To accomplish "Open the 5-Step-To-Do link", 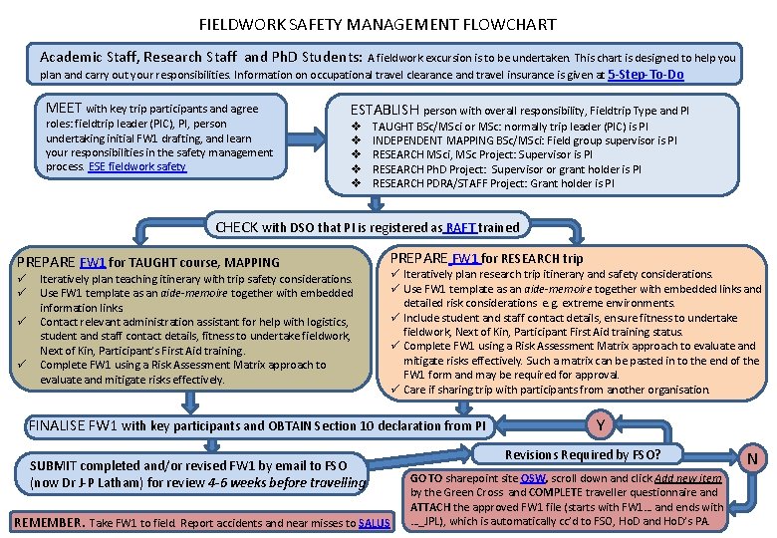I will pyautogui.click(x=645, y=74).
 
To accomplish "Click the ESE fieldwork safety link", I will pyautogui.click(x=137, y=166).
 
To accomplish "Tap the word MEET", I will pyautogui.click(x=65, y=108).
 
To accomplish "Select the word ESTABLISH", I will pyautogui.click(x=386, y=110).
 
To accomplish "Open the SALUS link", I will pyautogui.click(x=374, y=522).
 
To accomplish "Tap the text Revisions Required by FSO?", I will pyautogui.click(x=582, y=454).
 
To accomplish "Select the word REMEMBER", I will pyautogui.click(x=47, y=522).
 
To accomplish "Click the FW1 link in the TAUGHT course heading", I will pyautogui.click(x=93, y=263).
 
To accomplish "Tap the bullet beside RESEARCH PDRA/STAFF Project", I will pyautogui.click(x=356, y=183).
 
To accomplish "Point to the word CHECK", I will pyautogui.click(x=239, y=227).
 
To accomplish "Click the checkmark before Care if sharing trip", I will pyautogui.click(x=396, y=390).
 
